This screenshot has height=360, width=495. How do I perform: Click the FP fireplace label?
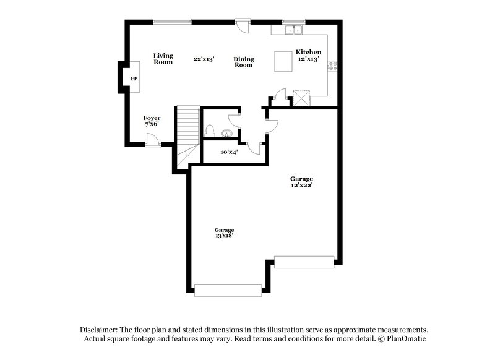click(134, 79)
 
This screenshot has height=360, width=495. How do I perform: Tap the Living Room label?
click(163, 59)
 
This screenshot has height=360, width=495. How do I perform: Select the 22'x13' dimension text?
click(204, 58)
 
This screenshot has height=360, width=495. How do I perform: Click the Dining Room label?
click(244, 62)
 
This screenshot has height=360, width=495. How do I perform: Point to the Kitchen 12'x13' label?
click(308, 55)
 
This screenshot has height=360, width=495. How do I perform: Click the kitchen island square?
click(284, 61)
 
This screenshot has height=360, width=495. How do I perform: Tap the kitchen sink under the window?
click(293, 29)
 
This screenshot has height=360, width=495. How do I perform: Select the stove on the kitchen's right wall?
click(333, 64)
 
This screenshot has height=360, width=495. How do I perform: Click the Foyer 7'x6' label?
click(152, 120)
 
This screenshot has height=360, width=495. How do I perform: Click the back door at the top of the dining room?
click(243, 25)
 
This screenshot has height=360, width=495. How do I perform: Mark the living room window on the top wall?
click(172, 22)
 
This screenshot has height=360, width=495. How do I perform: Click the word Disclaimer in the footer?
click(100, 330)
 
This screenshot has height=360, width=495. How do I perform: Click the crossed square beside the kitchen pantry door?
click(301, 98)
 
